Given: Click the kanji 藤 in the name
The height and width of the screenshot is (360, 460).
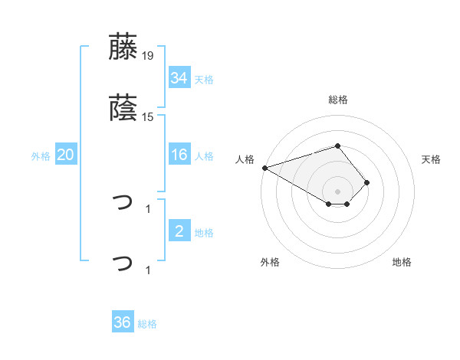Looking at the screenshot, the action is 123,47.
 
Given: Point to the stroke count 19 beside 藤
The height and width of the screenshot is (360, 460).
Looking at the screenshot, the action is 148,56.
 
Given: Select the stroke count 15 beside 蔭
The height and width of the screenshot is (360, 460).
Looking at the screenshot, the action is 148,117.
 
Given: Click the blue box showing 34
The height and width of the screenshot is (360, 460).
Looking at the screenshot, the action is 179,77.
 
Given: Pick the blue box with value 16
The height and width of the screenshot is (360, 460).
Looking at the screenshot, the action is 179,155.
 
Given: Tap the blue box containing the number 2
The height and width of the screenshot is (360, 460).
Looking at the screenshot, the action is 179,231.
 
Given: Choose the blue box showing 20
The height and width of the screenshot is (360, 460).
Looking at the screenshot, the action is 66,155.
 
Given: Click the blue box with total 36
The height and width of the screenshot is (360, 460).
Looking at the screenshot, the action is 123,322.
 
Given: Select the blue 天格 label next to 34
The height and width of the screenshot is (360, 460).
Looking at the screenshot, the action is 204,80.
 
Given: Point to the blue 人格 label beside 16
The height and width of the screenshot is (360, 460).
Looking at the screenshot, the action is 204,156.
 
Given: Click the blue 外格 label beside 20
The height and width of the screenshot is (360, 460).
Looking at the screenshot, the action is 41,156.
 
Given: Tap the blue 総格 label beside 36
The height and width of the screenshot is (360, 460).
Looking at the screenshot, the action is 147,324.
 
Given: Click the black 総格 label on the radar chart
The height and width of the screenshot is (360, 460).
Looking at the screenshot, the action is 338,100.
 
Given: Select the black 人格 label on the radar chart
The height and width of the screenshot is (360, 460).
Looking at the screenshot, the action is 245,159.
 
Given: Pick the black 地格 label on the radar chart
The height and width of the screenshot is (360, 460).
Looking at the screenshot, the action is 402,262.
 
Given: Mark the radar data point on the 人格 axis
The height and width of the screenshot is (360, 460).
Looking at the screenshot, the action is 264,168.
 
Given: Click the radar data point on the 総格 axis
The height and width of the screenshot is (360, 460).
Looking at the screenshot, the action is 337,146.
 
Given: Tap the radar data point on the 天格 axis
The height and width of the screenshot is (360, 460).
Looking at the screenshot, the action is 367,182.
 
